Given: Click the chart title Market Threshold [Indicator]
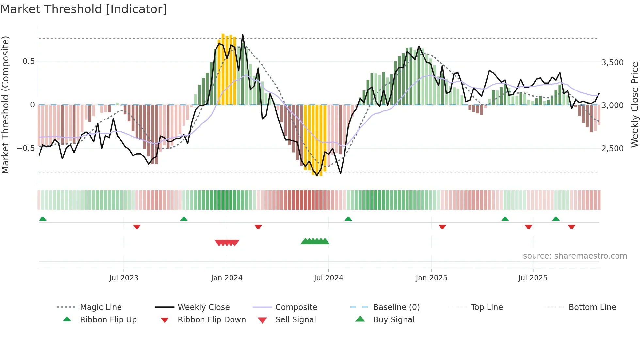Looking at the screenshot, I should tap(84, 9).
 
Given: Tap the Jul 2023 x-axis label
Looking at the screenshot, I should tap(124, 278).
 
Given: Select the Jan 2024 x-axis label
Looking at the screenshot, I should tap(227, 278).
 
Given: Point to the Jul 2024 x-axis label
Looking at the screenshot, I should tap(328, 278).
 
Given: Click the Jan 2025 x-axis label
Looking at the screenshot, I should tap(431, 278).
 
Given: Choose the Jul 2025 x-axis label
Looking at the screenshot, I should tap(533, 278).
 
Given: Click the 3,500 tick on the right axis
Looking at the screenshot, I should tap(612, 63).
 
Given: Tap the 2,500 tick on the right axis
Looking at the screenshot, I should tap(612, 149).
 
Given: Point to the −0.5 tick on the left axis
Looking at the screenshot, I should tap(26, 148).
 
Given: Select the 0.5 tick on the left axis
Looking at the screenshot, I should tap(28, 61).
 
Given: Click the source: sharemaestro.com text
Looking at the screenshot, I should tap(575, 256).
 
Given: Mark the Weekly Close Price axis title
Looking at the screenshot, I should tap(634, 105).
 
